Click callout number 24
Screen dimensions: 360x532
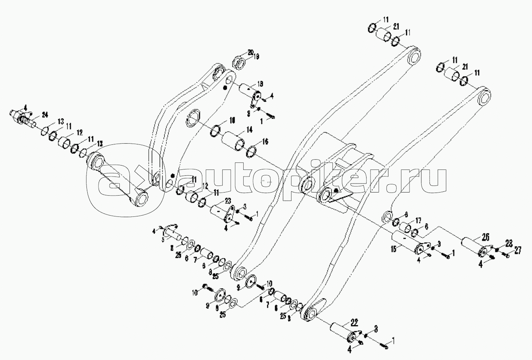[45, 115]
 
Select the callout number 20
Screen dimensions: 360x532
[250, 52]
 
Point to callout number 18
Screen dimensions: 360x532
[260, 83]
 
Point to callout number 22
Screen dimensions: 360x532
[354, 323]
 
